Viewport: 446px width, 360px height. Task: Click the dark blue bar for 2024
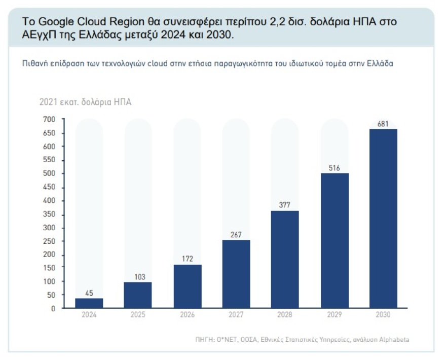pyautogui.click(x=89, y=303)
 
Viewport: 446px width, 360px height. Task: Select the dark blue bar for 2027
pyautogui.click(x=236, y=274)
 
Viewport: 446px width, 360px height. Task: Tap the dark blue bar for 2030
pyautogui.click(x=383, y=218)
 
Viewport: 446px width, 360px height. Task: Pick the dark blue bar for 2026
pyautogui.click(x=187, y=286)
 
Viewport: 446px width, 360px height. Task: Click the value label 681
pyautogui.click(x=383, y=124)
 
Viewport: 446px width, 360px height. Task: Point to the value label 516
pyautogui.click(x=334, y=168)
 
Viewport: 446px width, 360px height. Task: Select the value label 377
pyautogui.click(x=285, y=205)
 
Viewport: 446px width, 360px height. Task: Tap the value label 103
pyautogui.click(x=138, y=277)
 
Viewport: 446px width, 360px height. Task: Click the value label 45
pyautogui.click(x=89, y=293)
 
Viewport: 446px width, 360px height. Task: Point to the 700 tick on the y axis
pyautogui.click(x=49, y=120)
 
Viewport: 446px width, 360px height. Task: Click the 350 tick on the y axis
pyautogui.click(x=49, y=214)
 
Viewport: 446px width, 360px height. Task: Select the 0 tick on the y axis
pyautogui.click(x=53, y=308)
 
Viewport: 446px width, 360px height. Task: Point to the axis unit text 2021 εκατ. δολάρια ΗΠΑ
pyautogui.click(x=85, y=102)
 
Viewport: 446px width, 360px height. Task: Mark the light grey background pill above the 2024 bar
pyautogui.click(x=89, y=203)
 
